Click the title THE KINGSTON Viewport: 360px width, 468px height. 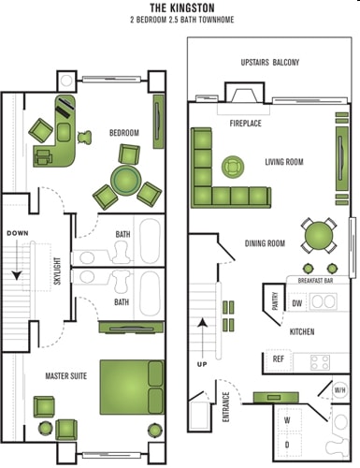coord(180,7)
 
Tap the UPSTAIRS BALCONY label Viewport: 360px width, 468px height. coord(269,63)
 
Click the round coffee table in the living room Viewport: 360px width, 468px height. coord(229,168)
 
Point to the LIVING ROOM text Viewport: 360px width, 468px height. coord(283,162)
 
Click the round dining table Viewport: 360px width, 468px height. coord(320,230)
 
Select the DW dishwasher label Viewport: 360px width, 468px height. coord(296,303)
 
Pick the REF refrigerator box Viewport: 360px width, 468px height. coord(278,358)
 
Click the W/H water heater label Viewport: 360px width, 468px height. coord(339,389)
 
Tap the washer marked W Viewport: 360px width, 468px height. coord(286,420)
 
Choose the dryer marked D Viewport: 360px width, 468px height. coord(286,445)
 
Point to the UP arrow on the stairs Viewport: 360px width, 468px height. coord(202,337)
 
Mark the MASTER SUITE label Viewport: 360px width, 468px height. coord(65,375)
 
